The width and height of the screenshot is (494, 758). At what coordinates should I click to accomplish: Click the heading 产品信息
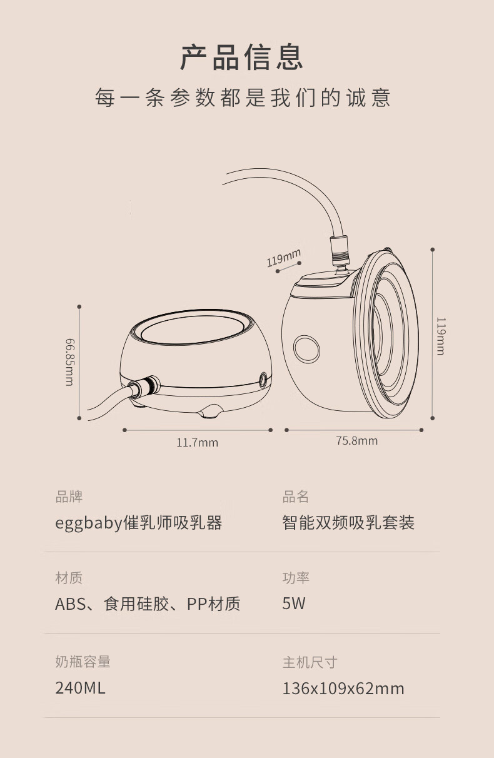point(241,57)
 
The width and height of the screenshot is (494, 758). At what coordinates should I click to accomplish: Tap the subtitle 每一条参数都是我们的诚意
point(243,98)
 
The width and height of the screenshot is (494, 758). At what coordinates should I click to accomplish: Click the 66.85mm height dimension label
point(69,362)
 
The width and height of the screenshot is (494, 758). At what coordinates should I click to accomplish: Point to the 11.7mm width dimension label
point(197,443)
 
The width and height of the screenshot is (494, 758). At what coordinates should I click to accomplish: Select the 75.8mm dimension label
point(357,441)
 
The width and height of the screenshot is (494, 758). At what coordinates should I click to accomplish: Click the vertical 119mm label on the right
point(441,336)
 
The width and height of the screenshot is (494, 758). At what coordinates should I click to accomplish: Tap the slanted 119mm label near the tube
point(283,258)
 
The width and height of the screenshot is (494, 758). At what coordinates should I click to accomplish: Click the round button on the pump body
point(306,349)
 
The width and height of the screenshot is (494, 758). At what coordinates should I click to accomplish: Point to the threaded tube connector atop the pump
point(340,252)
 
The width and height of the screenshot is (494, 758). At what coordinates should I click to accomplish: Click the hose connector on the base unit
point(143,386)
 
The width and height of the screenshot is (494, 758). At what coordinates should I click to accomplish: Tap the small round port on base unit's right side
point(263,379)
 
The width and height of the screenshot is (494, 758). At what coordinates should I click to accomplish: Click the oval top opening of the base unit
point(193,330)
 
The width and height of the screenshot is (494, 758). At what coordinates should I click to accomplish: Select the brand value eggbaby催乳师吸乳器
point(139,523)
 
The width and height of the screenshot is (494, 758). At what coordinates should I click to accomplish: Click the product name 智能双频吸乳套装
point(348,522)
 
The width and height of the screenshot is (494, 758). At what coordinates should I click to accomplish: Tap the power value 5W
point(294,604)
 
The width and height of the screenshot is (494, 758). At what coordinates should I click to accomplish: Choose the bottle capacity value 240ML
point(80,688)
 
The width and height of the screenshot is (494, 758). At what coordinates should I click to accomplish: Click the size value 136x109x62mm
point(343,689)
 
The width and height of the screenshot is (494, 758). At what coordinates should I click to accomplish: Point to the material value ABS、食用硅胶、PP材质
point(148,604)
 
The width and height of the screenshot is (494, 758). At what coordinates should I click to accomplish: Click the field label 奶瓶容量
point(83,661)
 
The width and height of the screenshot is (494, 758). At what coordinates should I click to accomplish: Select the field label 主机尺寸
point(310,662)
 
